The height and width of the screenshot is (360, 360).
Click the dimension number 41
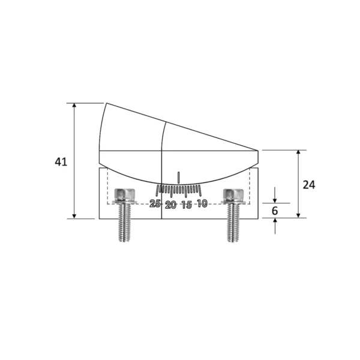tap(61, 161)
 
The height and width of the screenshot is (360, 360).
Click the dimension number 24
tap(308, 184)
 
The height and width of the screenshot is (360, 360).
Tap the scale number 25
tap(155, 204)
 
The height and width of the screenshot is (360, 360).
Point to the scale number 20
tap(170, 205)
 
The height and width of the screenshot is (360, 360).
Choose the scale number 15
tap(186, 205)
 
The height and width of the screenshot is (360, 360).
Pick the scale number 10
tap(202, 204)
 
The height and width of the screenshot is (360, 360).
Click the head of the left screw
tap(125, 195)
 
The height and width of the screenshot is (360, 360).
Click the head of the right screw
tap(233, 195)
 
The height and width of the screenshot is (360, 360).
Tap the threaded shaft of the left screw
tap(125, 223)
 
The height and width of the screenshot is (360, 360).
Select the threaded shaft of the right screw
tap(233, 223)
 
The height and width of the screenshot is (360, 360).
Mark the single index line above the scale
tap(178, 177)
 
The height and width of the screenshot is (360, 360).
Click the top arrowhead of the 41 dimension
tap(75, 106)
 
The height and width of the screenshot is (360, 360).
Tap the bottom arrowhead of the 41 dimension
tap(75, 215)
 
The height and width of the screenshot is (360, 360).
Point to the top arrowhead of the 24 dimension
tap(298, 154)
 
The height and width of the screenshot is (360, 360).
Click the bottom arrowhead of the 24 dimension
tap(298, 215)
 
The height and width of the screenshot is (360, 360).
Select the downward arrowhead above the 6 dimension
tap(275, 200)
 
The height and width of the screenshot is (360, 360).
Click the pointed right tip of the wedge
tap(259, 150)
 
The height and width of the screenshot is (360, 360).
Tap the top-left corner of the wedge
tap(107, 103)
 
